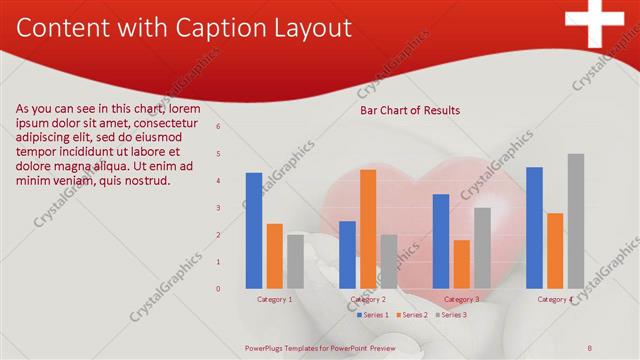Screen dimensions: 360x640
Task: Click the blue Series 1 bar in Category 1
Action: click(254, 230)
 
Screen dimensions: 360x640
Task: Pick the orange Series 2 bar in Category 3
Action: click(461, 263)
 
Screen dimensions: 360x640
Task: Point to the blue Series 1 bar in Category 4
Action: click(534, 227)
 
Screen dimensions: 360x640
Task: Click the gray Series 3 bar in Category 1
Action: click(295, 261)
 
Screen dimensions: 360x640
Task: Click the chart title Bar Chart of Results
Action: click(410, 111)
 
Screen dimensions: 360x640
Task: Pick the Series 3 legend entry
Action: click(451, 315)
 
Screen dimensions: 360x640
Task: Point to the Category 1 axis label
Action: click(275, 299)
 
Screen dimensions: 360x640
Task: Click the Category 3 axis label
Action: click(461, 299)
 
